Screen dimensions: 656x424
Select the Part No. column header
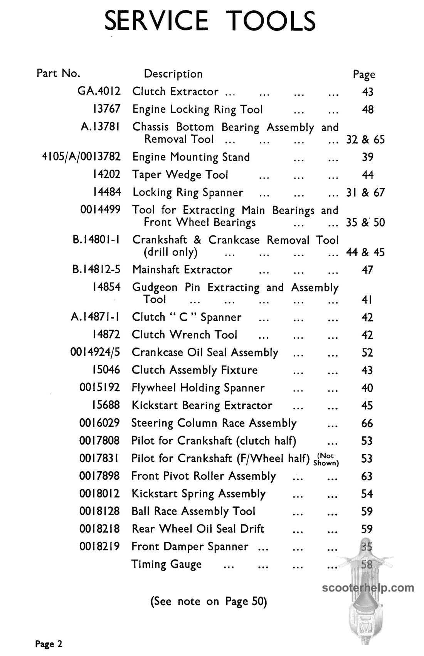(x=58, y=73)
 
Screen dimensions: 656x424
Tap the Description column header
(x=173, y=74)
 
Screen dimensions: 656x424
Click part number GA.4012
(x=99, y=91)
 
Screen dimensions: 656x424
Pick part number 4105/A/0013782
(x=81, y=157)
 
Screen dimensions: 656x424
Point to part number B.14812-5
(x=96, y=269)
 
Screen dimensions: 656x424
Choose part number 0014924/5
(x=95, y=352)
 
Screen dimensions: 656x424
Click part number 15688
(x=106, y=405)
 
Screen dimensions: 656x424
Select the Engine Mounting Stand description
(x=191, y=157)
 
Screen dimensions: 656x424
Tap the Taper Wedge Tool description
(x=180, y=175)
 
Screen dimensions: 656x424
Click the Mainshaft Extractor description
(x=182, y=269)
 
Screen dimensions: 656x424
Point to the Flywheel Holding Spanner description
(x=198, y=387)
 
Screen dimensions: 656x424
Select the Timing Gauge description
(x=167, y=564)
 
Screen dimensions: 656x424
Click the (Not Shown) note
(x=326, y=459)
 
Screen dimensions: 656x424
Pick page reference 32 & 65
(x=365, y=139)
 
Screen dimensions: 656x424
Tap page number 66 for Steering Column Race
(x=367, y=423)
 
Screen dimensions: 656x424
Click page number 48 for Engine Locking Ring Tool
(x=368, y=110)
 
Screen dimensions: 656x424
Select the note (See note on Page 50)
(x=209, y=601)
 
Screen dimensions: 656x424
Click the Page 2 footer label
(x=49, y=644)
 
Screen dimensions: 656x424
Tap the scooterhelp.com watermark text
(x=368, y=588)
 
